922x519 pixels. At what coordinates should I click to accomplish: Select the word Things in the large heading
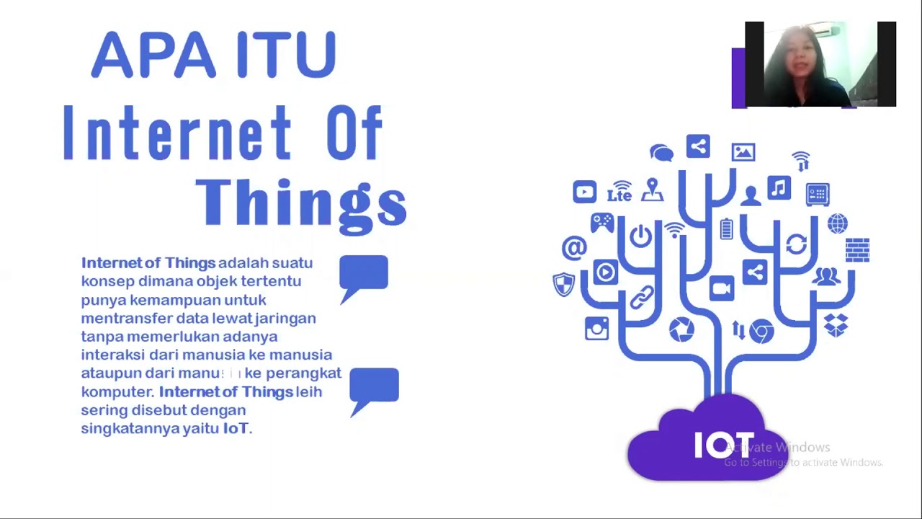[301, 203]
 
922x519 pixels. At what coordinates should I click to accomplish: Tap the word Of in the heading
[354, 133]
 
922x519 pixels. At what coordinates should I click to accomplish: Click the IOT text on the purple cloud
[723, 445]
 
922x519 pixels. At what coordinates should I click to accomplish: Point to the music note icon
[779, 188]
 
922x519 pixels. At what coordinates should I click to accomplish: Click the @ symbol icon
[574, 248]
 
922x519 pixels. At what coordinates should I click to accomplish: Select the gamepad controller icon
[602, 222]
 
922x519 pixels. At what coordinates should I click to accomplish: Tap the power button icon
[640, 236]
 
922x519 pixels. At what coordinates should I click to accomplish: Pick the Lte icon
[619, 193]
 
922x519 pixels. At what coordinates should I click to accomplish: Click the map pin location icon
[653, 189]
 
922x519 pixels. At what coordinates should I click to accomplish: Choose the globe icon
[838, 224]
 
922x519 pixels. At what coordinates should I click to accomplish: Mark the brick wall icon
[857, 249]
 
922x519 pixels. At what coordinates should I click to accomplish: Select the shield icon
[563, 284]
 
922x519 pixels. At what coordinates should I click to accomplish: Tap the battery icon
[726, 229]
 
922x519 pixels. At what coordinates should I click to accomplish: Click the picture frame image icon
[743, 152]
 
